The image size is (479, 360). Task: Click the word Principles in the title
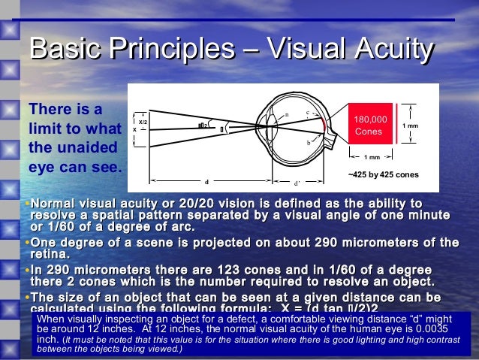172,51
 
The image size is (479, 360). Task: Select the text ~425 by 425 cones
383,174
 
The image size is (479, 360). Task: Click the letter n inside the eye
286,114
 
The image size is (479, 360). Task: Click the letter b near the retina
308,141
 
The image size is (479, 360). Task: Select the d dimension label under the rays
206,182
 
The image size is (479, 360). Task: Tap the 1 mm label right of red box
411,126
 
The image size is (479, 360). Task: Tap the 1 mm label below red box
371,157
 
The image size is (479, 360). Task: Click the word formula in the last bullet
216,308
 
